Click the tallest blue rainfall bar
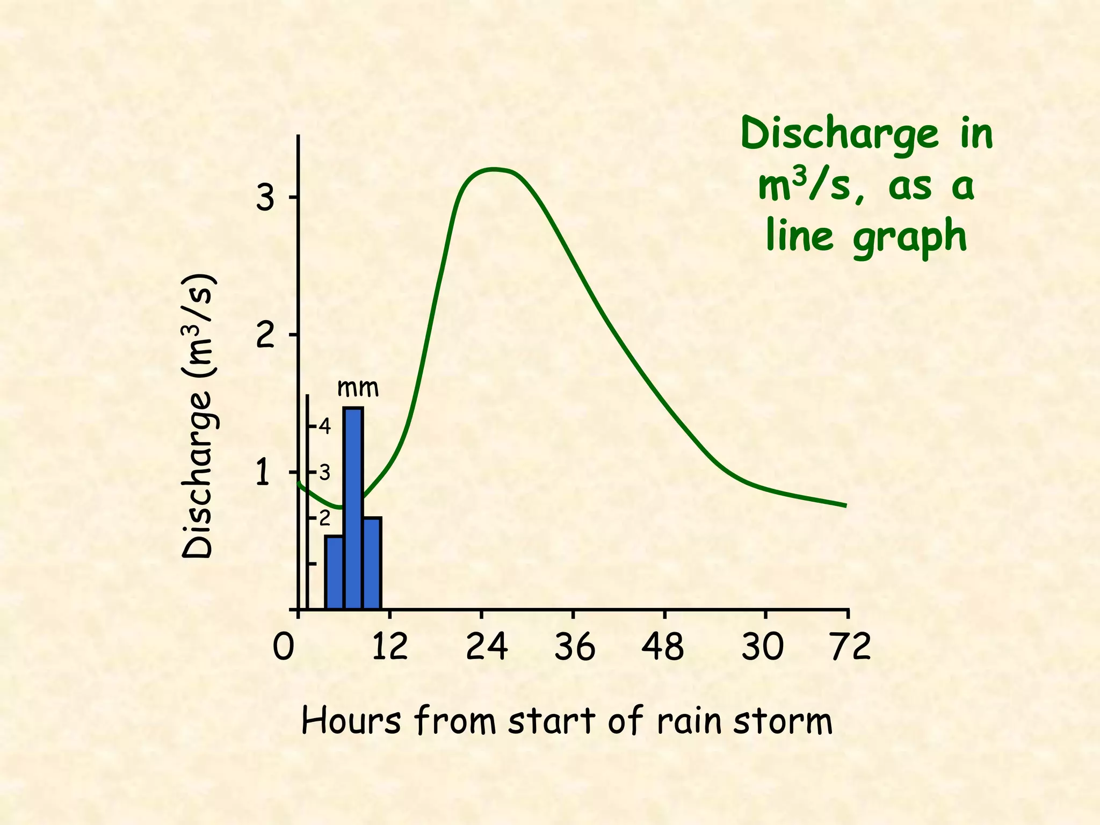point(353,508)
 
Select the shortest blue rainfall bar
point(334,572)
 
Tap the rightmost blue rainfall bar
point(372,562)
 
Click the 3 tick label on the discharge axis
point(265,199)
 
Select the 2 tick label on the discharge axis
point(265,336)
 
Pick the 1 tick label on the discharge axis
point(263,473)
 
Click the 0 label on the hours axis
point(283,647)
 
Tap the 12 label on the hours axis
point(389,647)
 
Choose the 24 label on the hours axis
point(486,647)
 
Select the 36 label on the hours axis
point(575,647)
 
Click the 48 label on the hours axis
point(663,647)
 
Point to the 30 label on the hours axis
point(762,647)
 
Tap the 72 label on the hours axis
point(850,647)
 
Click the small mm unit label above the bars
point(358,388)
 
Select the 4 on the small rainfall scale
point(324,427)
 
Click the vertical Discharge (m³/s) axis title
point(199,416)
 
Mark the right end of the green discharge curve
point(845,505)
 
